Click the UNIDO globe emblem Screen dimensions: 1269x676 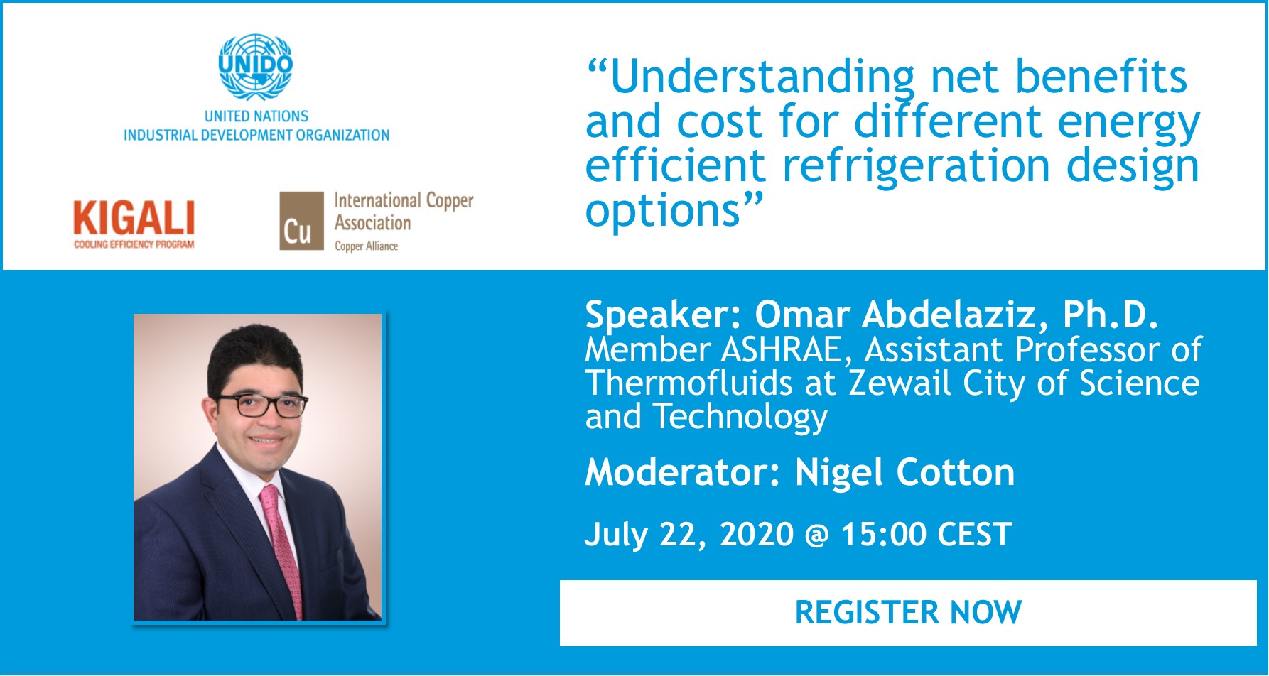[256, 67]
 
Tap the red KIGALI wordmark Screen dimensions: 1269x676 [134, 218]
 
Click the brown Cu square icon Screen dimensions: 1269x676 [301, 221]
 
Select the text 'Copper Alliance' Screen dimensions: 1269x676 [366, 246]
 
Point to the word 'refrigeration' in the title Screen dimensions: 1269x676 [916, 168]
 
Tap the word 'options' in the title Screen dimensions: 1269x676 [663, 212]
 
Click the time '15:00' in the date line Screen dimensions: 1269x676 [884, 535]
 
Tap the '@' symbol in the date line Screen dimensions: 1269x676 [817, 536]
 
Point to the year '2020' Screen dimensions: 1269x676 [757, 535]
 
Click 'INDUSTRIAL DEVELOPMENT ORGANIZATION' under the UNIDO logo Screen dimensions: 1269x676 [256, 135]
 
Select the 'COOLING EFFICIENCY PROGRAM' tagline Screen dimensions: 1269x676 [134, 244]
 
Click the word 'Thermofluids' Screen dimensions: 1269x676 [688, 383]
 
